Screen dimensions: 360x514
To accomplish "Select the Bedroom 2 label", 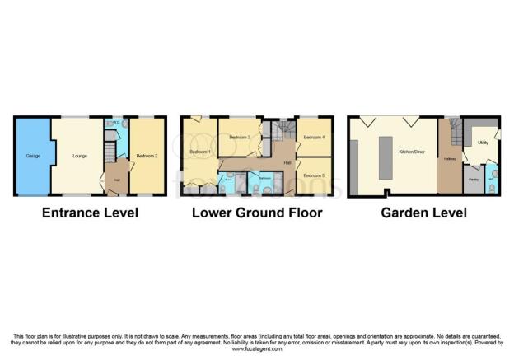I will pos(147,154).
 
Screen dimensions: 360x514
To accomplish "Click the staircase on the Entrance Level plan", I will pos(110,153).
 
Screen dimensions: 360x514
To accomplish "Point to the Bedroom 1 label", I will pos(200,152).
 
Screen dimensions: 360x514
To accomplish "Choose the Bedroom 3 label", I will pos(239,137).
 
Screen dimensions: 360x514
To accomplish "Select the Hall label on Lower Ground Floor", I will pos(287,163).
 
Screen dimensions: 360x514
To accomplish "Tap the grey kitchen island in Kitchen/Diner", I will pos(385,157).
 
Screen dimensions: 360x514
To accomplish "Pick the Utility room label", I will pos(483,143).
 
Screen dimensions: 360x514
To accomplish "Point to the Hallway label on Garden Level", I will pos(449,158).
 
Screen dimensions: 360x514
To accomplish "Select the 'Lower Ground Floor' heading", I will pos(257,213).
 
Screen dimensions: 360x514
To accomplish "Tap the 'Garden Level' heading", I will pos(423,213).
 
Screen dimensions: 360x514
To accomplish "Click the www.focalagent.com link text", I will pos(256,348).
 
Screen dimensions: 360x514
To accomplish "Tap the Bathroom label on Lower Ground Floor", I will pos(265,178).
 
